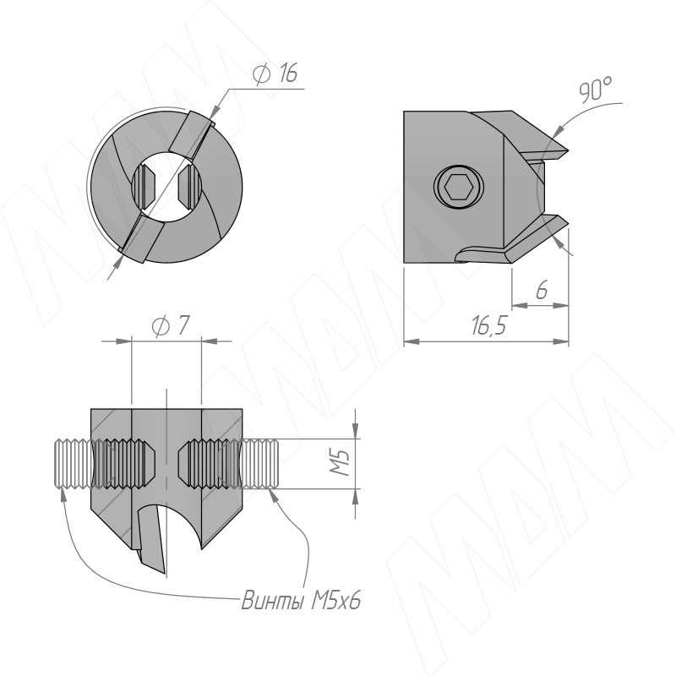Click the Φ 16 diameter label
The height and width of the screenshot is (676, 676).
pyautogui.click(x=275, y=74)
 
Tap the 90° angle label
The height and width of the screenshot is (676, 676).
pyautogui.click(x=595, y=90)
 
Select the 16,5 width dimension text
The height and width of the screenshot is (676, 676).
pyautogui.click(x=488, y=325)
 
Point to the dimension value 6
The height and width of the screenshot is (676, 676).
pyautogui.click(x=542, y=290)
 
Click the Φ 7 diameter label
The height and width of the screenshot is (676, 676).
pyautogui.click(x=171, y=325)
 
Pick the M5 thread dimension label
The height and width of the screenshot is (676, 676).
pyautogui.click(x=341, y=462)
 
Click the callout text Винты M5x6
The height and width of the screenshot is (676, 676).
pyautogui.click(x=301, y=600)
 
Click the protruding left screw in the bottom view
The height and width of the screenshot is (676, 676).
pyautogui.click(x=73, y=463)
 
